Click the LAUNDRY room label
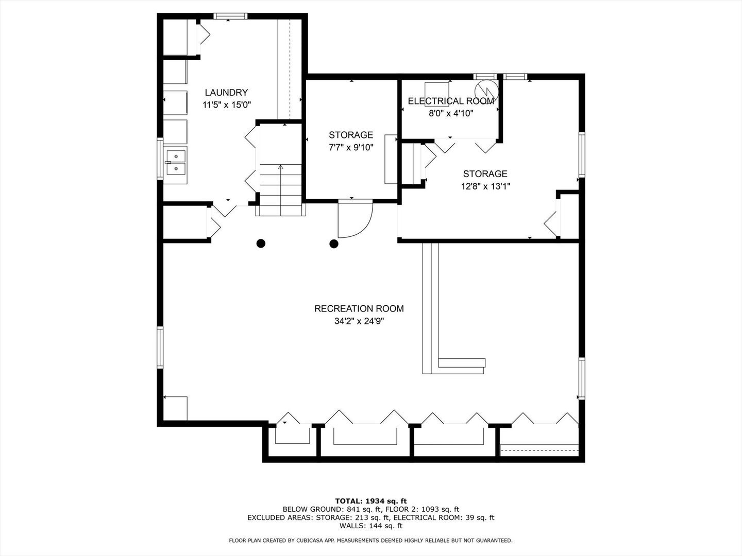point(226,93)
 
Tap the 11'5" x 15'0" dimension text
point(227,105)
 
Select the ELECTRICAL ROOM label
point(451,101)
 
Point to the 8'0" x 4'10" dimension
point(451,113)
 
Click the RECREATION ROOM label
point(359,308)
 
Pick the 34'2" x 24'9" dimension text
point(359,321)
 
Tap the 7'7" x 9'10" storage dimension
point(351,148)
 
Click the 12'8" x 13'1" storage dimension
point(485,186)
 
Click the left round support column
point(261,244)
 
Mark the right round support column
point(334,244)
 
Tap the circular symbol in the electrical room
point(486,91)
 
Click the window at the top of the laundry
point(230,16)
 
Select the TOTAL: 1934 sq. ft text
point(371,501)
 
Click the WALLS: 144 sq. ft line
point(371,526)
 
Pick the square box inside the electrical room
point(437,94)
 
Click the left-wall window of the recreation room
point(160,347)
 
